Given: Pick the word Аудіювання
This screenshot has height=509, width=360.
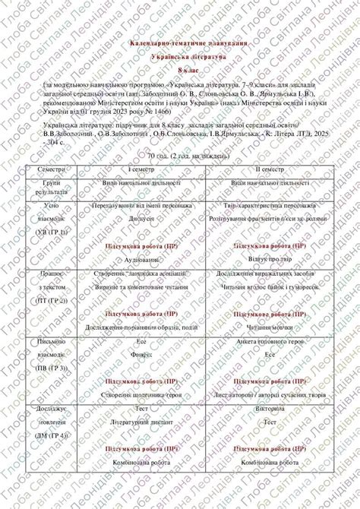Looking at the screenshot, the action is click(x=139, y=260).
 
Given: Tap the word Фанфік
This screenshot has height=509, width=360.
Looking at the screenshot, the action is click(x=139, y=354).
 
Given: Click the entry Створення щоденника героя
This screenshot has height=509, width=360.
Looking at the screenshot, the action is click(x=139, y=394).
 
